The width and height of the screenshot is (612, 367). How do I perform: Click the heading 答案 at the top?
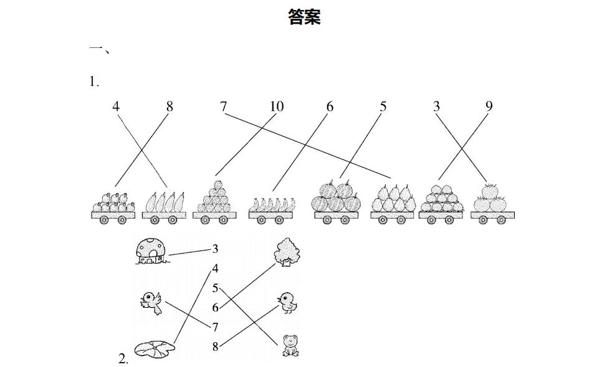click(x=304, y=17)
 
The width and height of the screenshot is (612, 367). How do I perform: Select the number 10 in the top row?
click(x=277, y=107)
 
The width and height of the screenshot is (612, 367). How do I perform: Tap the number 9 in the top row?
click(x=489, y=107)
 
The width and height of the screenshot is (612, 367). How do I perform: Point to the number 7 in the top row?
click(x=223, y=107)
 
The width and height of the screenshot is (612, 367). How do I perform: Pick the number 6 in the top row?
click(x=330, y=107)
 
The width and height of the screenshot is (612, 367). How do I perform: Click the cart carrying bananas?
click(x=272, y=209)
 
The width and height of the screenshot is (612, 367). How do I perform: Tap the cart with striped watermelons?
click(x=337, y=203)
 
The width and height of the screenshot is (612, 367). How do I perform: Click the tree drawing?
click(x=287, y=252)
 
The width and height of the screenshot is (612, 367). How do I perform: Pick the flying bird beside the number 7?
click(x=151, y=302)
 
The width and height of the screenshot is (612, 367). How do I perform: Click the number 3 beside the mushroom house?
click(x=215, y=249)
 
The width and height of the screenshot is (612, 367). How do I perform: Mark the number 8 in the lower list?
click(x=215, y=347)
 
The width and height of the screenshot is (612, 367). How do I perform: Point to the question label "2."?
click(x=123, y=358)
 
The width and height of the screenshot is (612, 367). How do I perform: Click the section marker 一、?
click(x=100, y=50)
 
